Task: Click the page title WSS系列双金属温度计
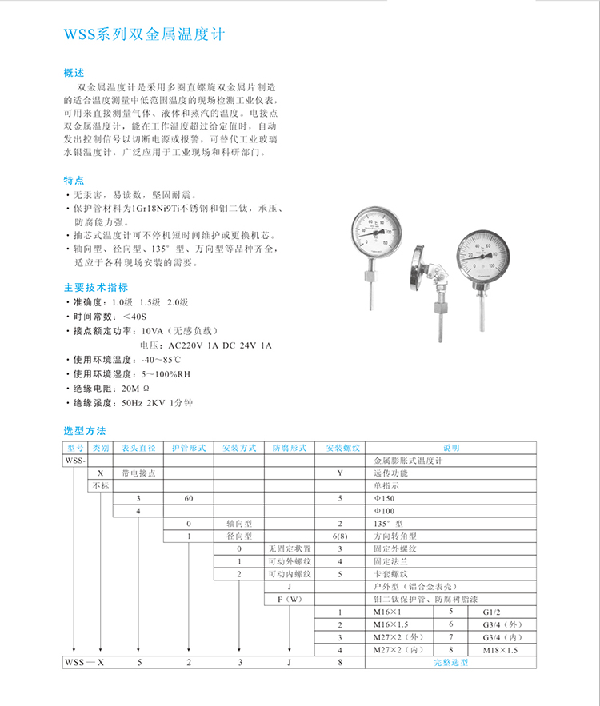[145, 35]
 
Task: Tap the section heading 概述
[74, 71]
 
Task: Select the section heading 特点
[74, 180]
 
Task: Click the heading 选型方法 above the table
[85, 430]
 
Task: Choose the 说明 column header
[451, 449]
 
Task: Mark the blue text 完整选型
[450, 663]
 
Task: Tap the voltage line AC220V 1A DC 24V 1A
[219, 345]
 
